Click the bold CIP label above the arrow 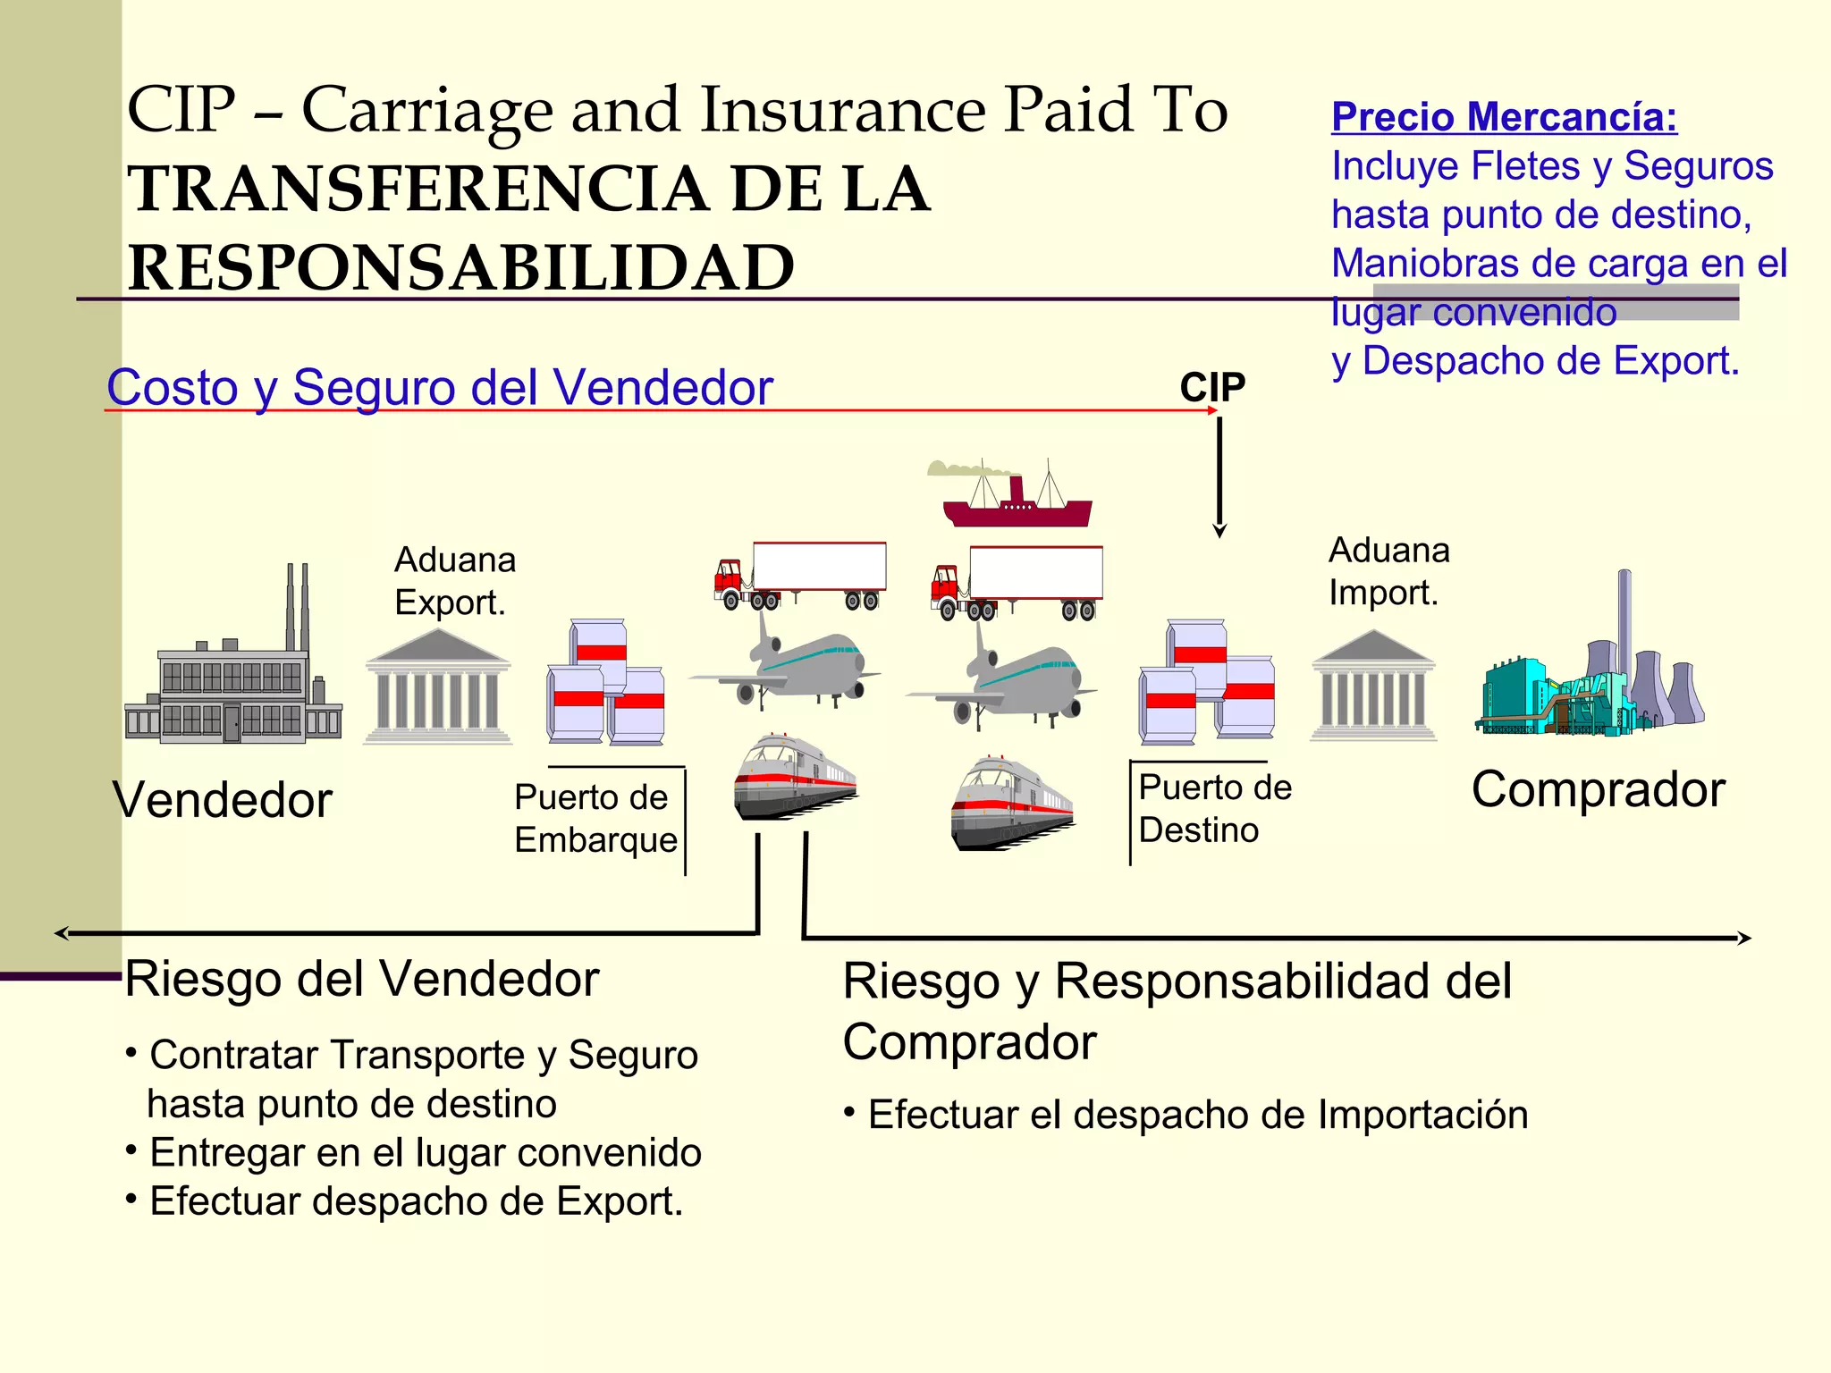(1211, 388)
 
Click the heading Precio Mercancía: (1504, 117)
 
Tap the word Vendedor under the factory (222, 799)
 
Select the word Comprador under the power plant (1598, 789)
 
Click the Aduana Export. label (454, 581)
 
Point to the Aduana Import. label (1388, 571)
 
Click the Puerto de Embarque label (595, 818)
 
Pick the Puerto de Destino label (1214, 808)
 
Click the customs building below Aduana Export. (437, 686)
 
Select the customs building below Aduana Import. (1372, 686)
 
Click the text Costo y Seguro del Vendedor (439, 388)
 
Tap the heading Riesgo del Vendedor (361, 979)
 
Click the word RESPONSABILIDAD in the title (460, 267)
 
